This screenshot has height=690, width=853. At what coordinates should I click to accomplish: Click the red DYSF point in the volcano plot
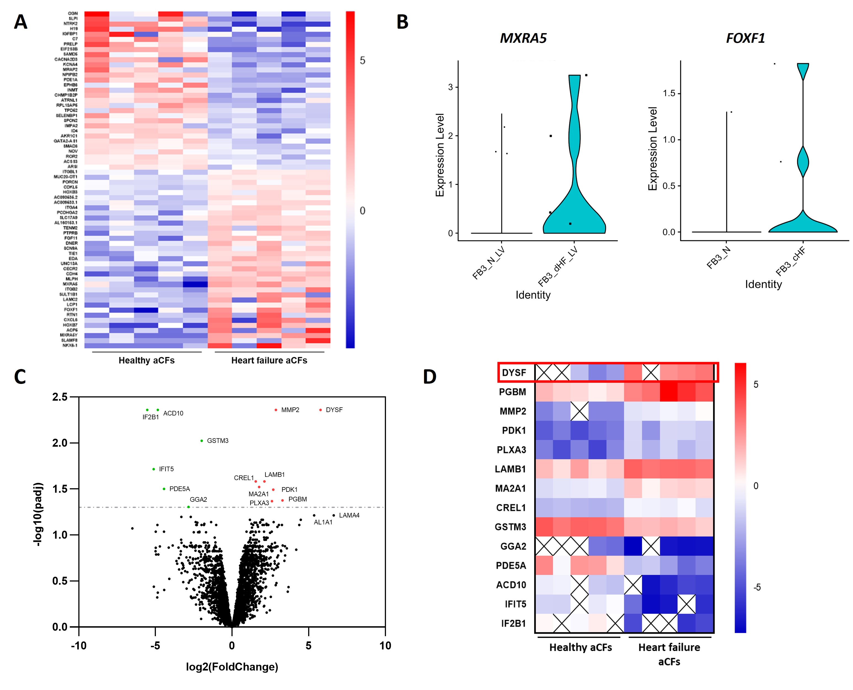(x=320, y=410)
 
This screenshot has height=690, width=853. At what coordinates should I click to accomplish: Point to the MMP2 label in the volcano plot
(x=290, y=410)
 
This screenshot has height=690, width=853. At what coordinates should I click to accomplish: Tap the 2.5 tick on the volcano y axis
(x=60, y=397)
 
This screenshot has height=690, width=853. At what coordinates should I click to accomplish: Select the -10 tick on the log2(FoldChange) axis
(x=79, y=646)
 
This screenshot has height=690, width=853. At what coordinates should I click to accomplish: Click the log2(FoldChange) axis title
(x=232, y=667)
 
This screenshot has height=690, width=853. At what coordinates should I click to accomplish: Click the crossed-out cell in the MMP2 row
(x=579, y=411)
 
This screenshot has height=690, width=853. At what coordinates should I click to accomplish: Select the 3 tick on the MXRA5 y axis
(x=450, y=87)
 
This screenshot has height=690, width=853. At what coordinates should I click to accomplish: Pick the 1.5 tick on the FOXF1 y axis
(x=669, y=93)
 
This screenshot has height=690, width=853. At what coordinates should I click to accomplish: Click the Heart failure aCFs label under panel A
(x=269, y=360)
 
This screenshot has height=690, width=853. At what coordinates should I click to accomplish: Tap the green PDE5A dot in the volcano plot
(x=164, y=489)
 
